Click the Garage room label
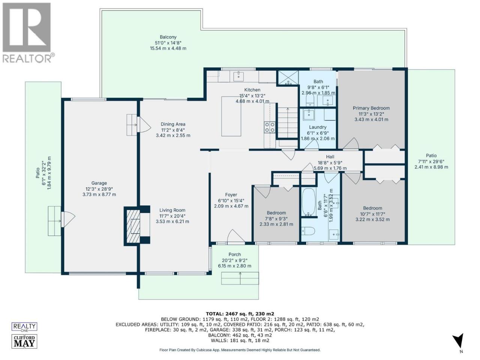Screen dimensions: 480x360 coord(99,183)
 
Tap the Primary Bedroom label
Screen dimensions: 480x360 coord(371,108)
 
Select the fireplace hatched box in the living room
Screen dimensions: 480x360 coord(133,226)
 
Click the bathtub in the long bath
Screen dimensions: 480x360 coord(308,202)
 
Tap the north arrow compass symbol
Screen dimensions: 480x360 coord(459,343)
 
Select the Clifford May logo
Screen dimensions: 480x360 coord(24,341)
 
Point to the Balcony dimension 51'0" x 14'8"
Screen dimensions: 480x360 coord(168,43)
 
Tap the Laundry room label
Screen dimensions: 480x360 coord(318,127)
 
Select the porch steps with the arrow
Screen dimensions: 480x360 coord(240,278)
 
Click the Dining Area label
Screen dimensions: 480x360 coord(173,124)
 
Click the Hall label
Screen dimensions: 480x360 coord(330,157)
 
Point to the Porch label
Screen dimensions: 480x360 coord(235,254)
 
